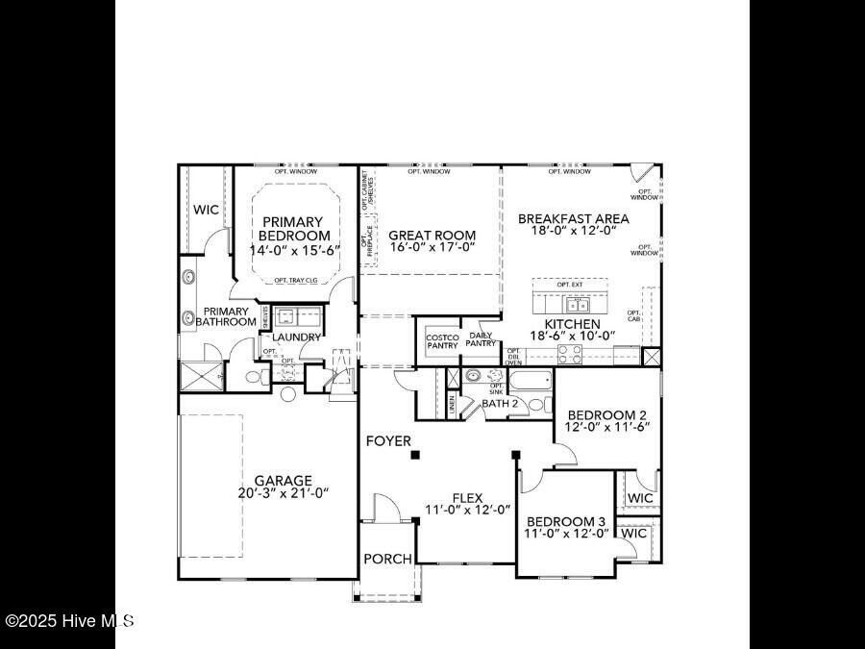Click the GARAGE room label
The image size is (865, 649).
(283, 480)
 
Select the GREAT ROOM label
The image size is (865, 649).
(432, 235)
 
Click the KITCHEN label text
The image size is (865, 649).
(572, 325)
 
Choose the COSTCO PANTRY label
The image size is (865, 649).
(442, 341)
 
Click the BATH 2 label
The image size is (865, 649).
(500, 403)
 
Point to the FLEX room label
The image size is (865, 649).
(467, 497)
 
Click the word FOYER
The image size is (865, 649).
(388, 441)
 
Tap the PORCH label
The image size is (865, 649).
(387, 559)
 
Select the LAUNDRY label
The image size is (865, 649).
(296, 337)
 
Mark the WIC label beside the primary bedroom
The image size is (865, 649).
(206, 210)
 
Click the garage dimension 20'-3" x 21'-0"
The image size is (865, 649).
(283, 492)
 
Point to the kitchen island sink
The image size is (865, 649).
(578, 305)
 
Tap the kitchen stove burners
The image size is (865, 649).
(570, 351)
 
